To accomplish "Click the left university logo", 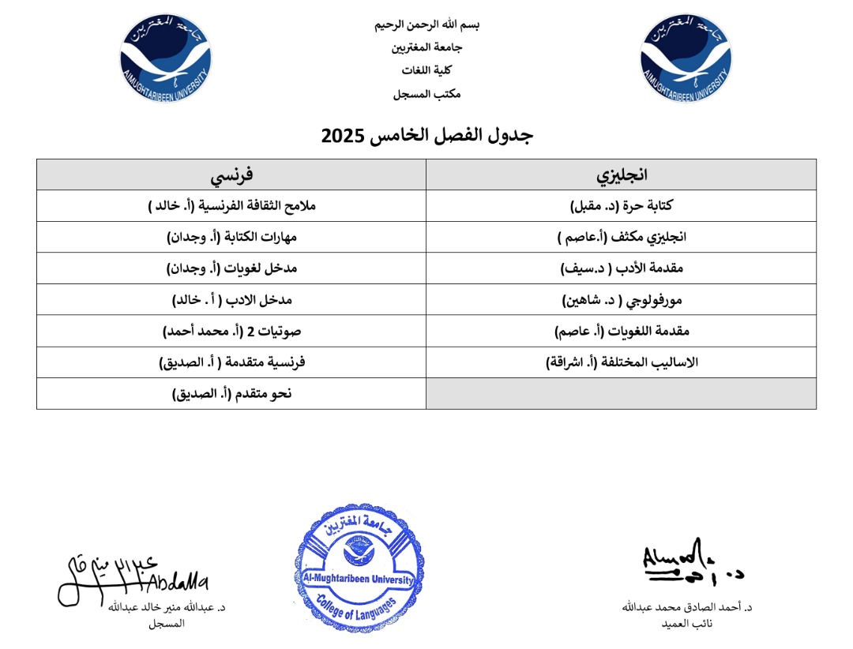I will (166, 59).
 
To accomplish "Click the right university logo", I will (686, 59).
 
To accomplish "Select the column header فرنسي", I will (231, 174).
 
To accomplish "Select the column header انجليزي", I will (622, 174).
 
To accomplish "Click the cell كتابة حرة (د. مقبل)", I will (622, 205).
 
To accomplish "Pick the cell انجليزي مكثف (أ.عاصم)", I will (622, 237).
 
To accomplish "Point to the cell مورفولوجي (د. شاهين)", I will (622, 300).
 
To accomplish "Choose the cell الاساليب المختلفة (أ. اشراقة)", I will (622, 362).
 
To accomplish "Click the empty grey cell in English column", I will (622, 393).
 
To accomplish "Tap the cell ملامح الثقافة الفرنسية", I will (231, 205).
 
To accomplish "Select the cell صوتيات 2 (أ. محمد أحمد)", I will (231, 332).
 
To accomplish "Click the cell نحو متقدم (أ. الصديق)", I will (231, 393).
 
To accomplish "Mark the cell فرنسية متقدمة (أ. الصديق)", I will (231, 362).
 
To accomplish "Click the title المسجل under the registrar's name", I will (166, 623).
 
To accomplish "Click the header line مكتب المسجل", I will (426, 94).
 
